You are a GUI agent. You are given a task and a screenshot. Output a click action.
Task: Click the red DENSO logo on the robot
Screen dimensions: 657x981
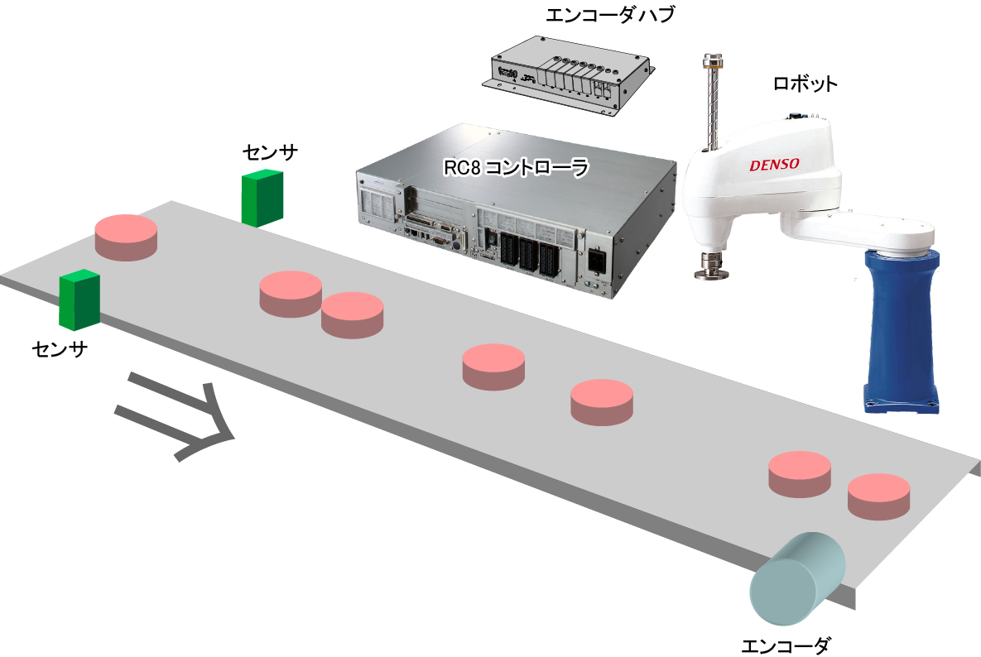tap(774, 165)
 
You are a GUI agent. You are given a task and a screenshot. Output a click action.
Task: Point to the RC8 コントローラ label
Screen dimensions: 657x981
tap(516, 167)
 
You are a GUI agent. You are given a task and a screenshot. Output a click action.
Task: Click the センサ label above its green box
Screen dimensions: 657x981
tap(270, 152)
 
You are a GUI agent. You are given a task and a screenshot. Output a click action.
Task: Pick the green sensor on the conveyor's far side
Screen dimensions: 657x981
tap(262, 198)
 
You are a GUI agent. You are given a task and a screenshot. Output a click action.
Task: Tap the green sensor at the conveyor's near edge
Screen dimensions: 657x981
tap(79, 300)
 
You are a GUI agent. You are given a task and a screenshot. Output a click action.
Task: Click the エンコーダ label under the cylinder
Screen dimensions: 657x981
tap(786, 645)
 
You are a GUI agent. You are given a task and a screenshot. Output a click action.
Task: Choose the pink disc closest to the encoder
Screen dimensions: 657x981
tap(878, 496)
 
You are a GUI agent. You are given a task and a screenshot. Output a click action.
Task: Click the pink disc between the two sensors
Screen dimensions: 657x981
tap(126, 237)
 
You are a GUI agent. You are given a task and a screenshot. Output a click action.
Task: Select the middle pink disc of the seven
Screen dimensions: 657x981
tap(493, 366)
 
